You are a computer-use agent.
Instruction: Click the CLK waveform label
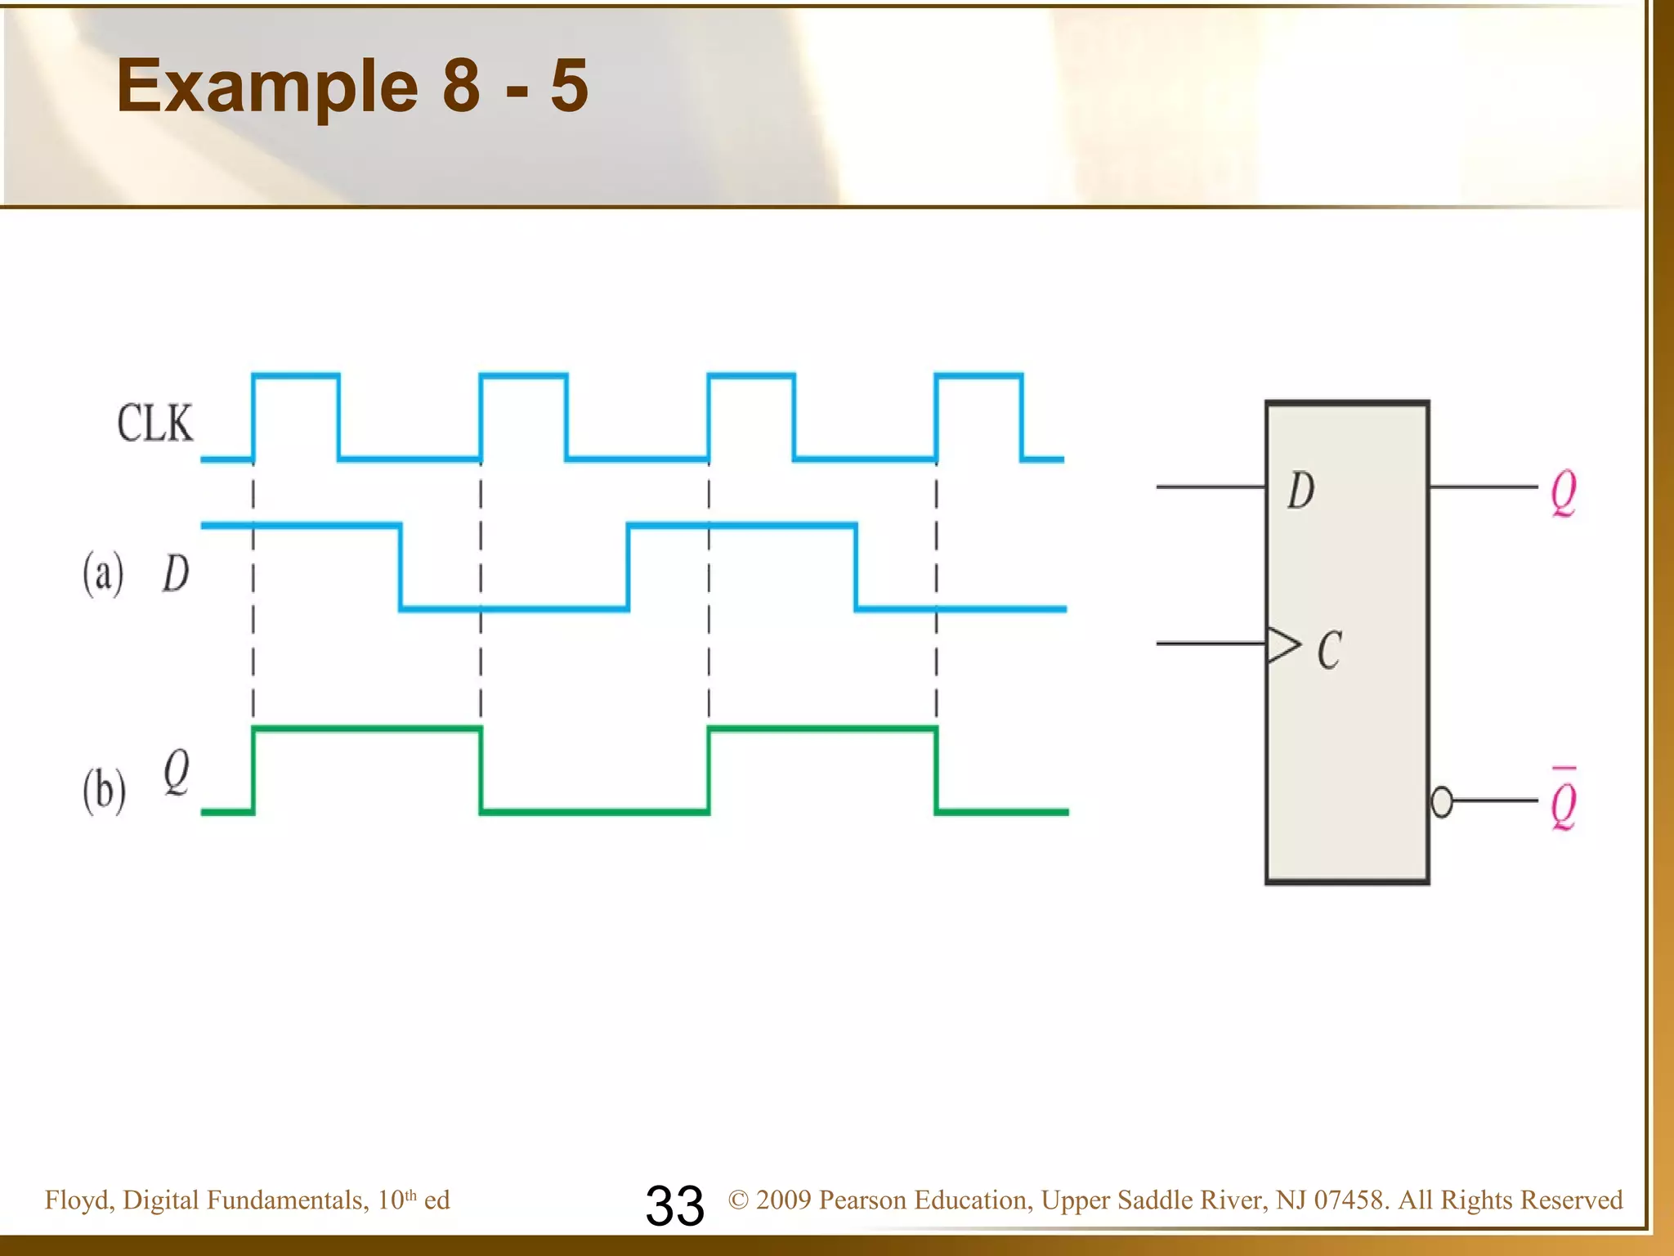[x=155, y=424]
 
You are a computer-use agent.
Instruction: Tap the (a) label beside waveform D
[x=103, y=574]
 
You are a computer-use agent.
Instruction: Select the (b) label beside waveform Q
[x=104, y=791]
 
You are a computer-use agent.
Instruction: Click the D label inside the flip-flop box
[x=1301, y=491]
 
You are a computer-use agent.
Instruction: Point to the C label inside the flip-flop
[x=1330, y=651]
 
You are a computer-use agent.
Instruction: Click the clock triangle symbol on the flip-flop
[x=1282, y=644]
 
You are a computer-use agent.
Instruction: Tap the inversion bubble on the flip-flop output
[x=1442, y=801]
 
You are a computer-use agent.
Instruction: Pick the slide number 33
[x=674, y=1205]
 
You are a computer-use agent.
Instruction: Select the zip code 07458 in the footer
[x=1349, y=1200]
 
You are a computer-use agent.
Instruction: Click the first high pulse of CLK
[x=296, y=376]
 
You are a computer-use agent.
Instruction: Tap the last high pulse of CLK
[x=978, y=376]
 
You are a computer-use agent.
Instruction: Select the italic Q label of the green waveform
[x=177, y=773]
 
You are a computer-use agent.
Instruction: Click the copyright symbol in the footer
[x=739, y=1200]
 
